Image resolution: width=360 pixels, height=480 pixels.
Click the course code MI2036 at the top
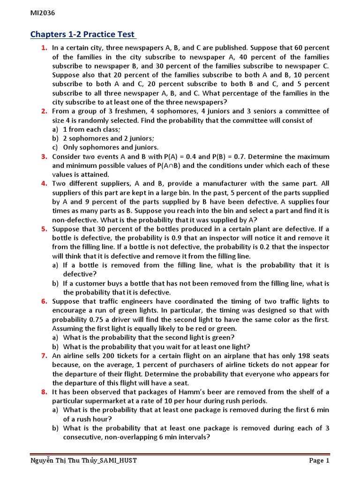43,13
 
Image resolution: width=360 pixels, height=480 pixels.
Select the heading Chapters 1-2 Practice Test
83,35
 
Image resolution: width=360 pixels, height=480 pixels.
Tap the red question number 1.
44,48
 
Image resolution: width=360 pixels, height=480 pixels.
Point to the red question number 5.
44,229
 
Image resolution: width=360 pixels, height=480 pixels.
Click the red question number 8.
44,392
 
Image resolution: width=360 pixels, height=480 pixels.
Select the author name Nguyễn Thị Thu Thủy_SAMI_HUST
84,461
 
